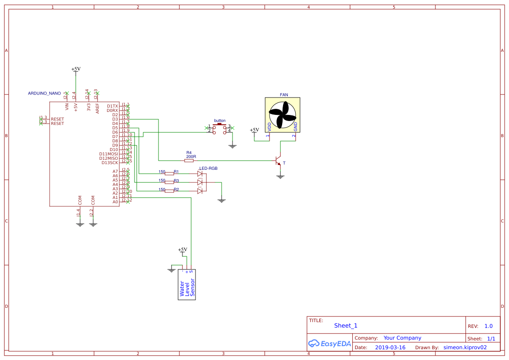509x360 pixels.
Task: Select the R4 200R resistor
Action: [189, 160]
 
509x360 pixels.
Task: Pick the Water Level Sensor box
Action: [187, 285]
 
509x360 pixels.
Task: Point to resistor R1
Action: [169, 173]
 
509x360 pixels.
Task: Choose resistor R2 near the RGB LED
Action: [169, 191]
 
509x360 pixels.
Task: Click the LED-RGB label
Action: [208, 168]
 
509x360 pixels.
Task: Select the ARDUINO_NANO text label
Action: [44, 94]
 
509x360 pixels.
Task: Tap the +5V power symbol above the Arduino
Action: [76, 70]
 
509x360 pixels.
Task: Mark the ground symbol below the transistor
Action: [280, 176]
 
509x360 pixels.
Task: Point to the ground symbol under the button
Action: [233, 146]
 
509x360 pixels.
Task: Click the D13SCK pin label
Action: [109, 163]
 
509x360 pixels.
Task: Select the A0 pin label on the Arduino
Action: [115, 202]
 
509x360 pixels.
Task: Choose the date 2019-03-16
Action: [390, 348]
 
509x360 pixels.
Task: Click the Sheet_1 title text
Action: [346, 326]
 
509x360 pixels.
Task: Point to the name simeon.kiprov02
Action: [465, 348]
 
